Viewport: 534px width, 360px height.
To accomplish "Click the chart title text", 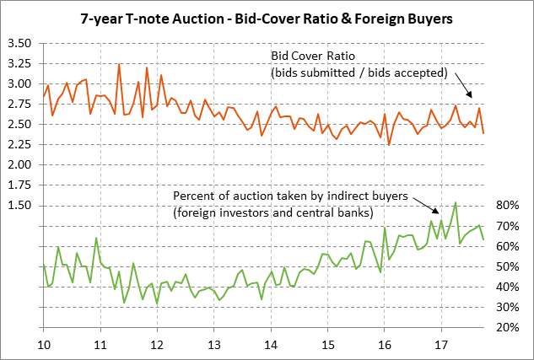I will point(267,17).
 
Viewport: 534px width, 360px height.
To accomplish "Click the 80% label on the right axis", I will point(508,205).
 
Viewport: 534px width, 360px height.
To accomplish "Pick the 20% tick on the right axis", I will point(508,327).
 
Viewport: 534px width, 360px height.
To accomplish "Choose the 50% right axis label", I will point(508,266).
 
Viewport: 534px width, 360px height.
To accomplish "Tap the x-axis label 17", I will point(440,345).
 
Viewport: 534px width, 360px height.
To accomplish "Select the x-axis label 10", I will point(43,345).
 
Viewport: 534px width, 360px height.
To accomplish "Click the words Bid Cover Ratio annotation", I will point(308,56).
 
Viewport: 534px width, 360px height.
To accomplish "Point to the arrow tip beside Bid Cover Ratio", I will point(472,94).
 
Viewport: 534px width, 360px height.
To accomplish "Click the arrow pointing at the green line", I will point(435,210).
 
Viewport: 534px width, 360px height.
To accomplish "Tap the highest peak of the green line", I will point(456,202).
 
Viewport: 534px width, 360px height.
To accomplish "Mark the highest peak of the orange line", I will point(119,64).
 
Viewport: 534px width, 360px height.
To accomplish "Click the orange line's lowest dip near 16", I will point(389,144).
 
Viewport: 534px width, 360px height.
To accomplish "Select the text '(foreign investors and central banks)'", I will point(272,212).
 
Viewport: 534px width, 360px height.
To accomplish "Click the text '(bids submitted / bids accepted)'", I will point(358,73).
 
